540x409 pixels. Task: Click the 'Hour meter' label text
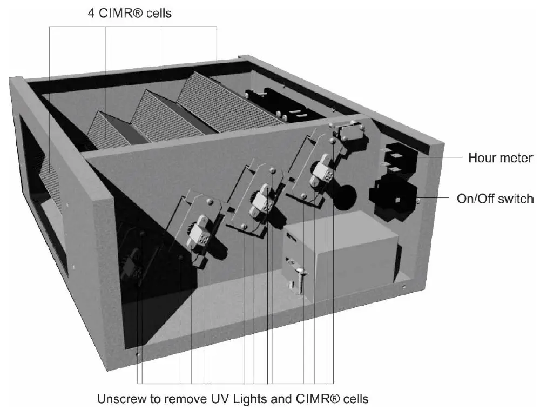(x=500, y=158)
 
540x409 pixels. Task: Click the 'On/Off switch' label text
(x=495, y=199)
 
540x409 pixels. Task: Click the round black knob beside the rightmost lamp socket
(x=342, y=197)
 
